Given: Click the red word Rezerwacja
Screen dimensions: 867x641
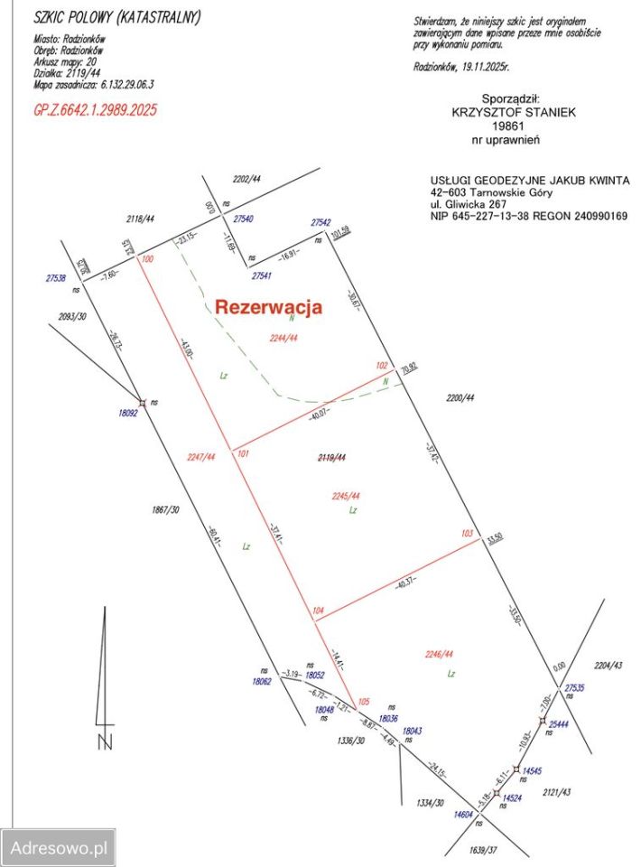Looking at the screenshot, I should click(x=268, y=307).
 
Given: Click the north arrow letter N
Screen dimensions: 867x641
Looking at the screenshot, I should click(x=106, y=744).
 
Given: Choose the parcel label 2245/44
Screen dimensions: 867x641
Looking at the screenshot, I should click(x=347, y=496).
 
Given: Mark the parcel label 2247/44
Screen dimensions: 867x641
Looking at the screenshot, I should click(x=201, y=457).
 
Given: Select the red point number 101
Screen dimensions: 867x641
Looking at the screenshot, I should click(x=242, y=453).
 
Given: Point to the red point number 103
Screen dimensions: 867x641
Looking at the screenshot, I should click(x=467, y=534).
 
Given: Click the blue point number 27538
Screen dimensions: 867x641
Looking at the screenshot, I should click(x=55, y=278).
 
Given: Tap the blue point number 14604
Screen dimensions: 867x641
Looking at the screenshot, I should click(x=464, y=814).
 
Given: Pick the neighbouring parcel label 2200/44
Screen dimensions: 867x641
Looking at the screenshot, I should click(x=460, y=397).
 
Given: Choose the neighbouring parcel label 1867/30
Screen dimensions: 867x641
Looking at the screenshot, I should click(x=165, y=510).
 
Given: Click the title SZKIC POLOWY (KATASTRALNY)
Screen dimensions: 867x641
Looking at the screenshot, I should click(x=117, y=17).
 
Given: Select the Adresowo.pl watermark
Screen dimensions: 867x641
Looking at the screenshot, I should click(x=58, y=848).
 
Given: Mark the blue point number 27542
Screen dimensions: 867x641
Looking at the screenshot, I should click(x=320, y=222).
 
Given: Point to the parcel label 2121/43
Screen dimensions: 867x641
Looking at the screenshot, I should click(x=557, y=792).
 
